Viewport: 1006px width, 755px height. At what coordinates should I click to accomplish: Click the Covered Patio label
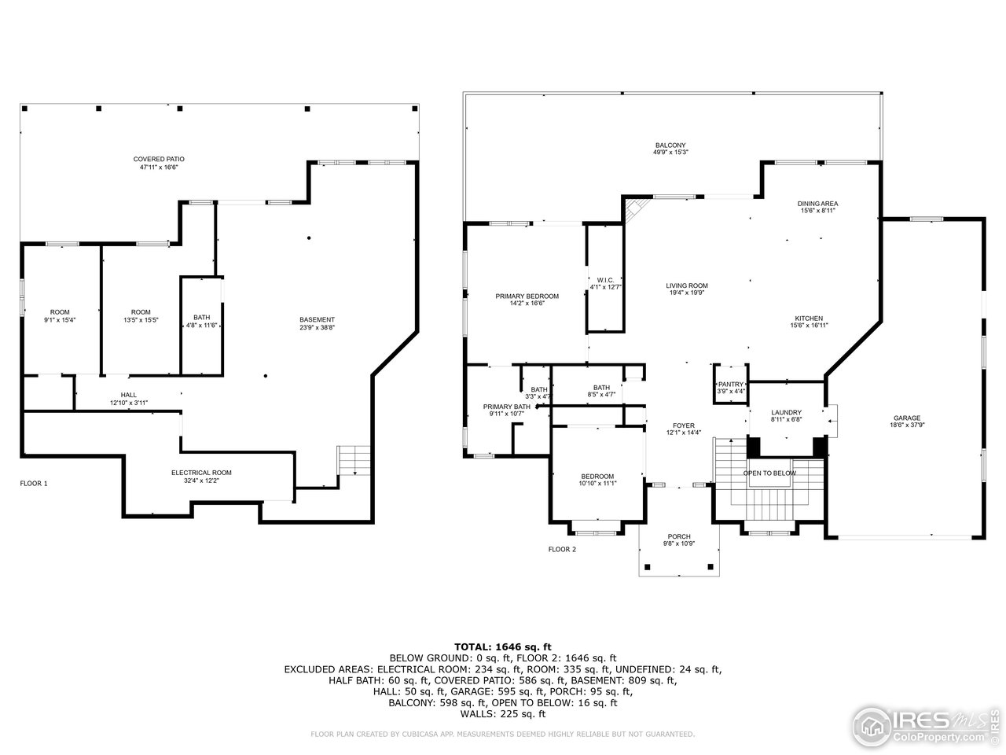[159, 159]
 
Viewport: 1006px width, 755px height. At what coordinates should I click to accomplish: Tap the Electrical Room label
[201, 473]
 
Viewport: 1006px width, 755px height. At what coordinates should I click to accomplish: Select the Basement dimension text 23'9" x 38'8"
[318, 328]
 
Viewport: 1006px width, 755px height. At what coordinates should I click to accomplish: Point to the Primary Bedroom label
[527, 296]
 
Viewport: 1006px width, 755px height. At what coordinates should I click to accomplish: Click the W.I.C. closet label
[605, 280]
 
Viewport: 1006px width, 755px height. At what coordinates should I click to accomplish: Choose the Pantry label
[731, 384]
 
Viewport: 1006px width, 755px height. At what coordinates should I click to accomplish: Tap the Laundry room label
[787, 412]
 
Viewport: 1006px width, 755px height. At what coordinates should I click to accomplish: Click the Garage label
[907, 418]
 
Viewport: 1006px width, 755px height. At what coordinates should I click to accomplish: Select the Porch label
[679, 536]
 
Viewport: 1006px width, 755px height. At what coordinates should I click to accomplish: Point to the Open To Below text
[769, 473]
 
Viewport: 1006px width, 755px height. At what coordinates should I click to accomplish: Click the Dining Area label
[817, 204]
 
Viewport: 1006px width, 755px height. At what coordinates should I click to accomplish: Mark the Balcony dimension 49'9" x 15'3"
[670, 153]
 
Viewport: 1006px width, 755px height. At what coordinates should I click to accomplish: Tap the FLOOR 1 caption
[34, 483]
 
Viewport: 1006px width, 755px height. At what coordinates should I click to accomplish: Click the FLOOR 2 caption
[562, 549]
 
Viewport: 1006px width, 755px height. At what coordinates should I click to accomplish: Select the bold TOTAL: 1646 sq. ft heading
[503, 646]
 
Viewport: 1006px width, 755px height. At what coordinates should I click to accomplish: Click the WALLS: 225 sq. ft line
[503, 714]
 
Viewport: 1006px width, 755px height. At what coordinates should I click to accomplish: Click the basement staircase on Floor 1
[354, 461]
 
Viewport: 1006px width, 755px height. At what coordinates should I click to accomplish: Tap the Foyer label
[684, 425]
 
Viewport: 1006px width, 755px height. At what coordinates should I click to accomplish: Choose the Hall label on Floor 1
[129, 395]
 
